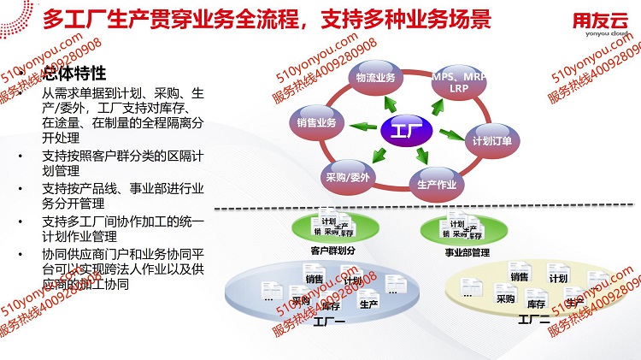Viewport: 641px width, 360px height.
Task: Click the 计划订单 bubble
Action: [x=491, y=141]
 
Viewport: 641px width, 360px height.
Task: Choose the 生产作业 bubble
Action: [x=434, y=183]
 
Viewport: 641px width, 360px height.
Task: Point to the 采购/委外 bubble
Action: [x=347, y=177]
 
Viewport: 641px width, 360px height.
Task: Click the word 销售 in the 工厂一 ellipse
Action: [x=314, y=278]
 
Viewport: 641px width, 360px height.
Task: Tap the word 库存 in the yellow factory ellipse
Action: [x=537, y=304]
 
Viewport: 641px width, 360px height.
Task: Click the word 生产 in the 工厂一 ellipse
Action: [x=369, y=304]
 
